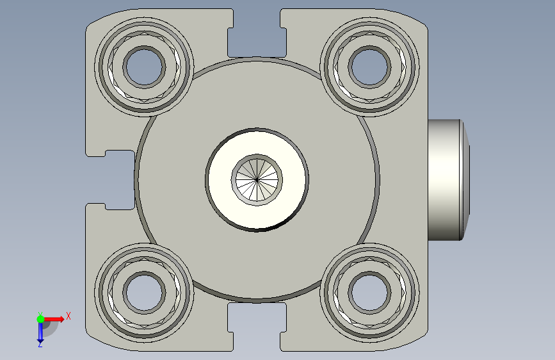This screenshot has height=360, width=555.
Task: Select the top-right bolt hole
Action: (x=370, y=65)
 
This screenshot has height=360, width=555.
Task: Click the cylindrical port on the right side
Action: (x=445, y=179)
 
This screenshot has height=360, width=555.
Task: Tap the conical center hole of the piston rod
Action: (x=256, y=179)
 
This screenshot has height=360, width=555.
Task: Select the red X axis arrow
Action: (x=56, y=318)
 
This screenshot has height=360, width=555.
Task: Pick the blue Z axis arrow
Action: (x=40, y=331)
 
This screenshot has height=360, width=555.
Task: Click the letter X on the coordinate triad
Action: (x=68, y=316)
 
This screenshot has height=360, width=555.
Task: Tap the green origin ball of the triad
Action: (x=40, y=318)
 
